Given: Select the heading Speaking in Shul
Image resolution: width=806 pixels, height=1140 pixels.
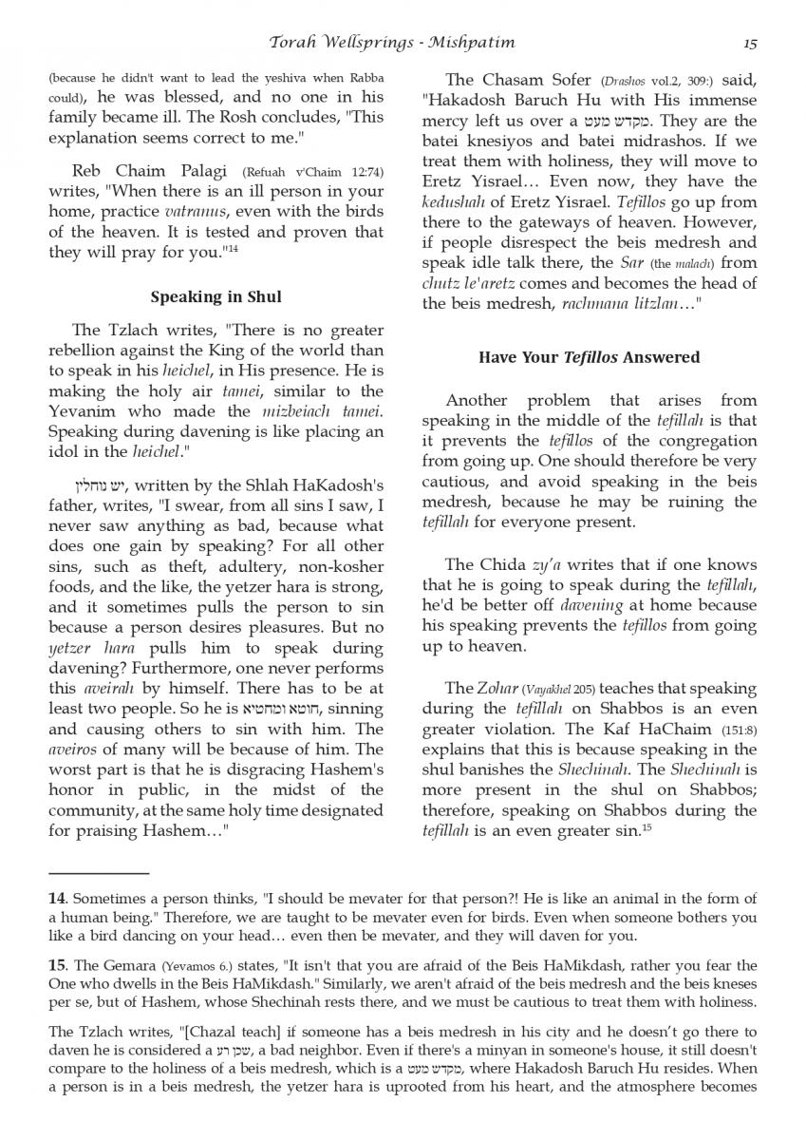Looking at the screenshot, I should (216, 297).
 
